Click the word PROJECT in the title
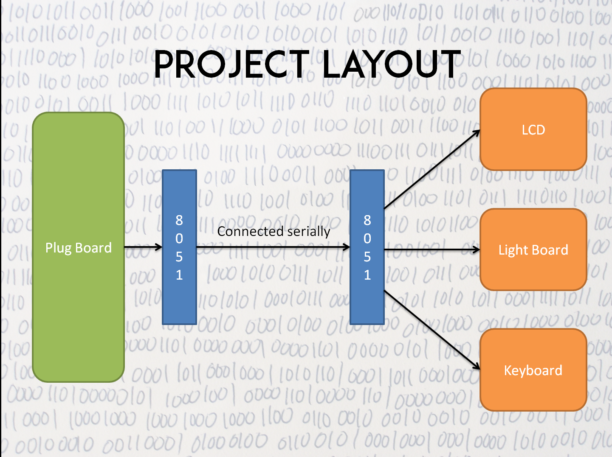pos(231,64)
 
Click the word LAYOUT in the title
pos(391,64)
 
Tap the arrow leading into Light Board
pos(432,250)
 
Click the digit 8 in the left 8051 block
pos(179,220)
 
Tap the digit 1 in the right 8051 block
pos(367,275)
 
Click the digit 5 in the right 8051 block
pos(367,257)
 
